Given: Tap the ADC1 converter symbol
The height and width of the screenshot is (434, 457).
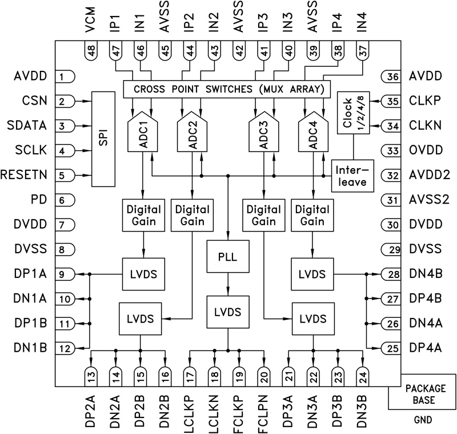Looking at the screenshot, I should pyautogui.click(x=142, y=136).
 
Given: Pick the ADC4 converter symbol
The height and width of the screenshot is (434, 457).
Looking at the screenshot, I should pyautogui.click(x=313, y=136).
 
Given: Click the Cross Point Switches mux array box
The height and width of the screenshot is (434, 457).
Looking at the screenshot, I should pyautogui.click(x=227, y=89).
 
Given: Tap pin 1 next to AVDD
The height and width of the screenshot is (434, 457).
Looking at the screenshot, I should pyautogui.click(x=66, y=76).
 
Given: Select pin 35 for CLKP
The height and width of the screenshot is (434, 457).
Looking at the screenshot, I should pyautogui.click(x=392, y=101).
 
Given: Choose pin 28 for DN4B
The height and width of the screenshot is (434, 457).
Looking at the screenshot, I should pyautogui.click(x=392, y=274).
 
